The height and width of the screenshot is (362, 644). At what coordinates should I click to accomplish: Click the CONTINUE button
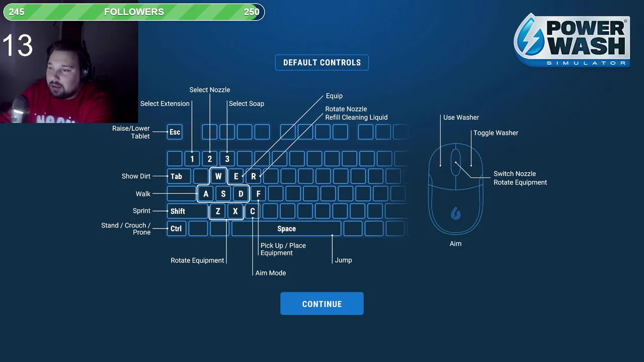(x=322, y=304)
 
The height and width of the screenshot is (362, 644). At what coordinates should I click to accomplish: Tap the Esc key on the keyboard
(x=175, y=132)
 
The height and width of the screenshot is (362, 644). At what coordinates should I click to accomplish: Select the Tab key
(x=177, y=176)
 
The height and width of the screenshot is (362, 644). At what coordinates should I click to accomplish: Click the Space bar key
(x=286, y=229)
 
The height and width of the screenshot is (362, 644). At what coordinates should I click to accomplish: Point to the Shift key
(x=178, y=211)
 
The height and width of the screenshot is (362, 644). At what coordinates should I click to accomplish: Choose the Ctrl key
(x=176, y=229)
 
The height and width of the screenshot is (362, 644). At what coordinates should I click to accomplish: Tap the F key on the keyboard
(x=258, y=194)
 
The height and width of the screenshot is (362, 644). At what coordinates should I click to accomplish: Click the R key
(x=254, y=176)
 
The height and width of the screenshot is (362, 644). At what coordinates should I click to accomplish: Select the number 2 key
(x=210, y=159)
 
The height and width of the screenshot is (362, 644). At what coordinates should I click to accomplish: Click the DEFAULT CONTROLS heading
(x=322, y=62)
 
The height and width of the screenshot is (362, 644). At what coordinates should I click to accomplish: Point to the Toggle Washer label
(x=496, y=133)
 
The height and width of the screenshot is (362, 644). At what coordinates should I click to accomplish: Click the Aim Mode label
(x=271, y=273)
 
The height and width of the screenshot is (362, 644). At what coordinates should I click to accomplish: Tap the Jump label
(x=343, y=260)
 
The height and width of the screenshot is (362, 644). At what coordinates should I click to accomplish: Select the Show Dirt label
(x=136, y=176)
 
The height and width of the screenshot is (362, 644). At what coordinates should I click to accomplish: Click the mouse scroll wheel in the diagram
(x=455, y=162)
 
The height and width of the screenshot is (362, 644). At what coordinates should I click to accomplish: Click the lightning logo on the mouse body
(x=455, y=214)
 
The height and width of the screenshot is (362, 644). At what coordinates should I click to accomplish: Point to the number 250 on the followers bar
(x=252, y=12)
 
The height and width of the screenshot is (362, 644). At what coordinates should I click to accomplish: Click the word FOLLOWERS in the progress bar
(x=134, y=12)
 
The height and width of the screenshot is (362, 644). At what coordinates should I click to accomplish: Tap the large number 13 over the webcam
(x=18, y=46)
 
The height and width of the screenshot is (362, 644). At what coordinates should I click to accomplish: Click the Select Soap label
(x=246, y=104)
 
